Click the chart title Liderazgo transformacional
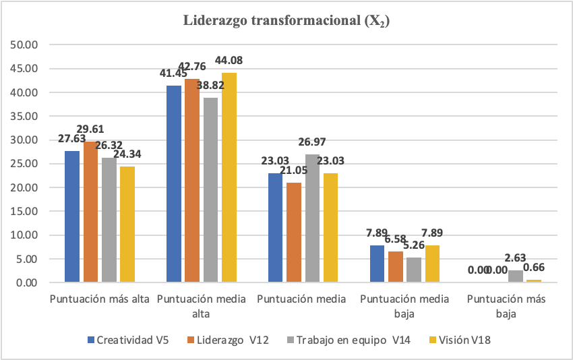pos(287,21)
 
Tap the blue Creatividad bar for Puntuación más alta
pos(72,216)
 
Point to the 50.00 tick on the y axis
pos(26,45)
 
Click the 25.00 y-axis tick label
pos(26,164)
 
